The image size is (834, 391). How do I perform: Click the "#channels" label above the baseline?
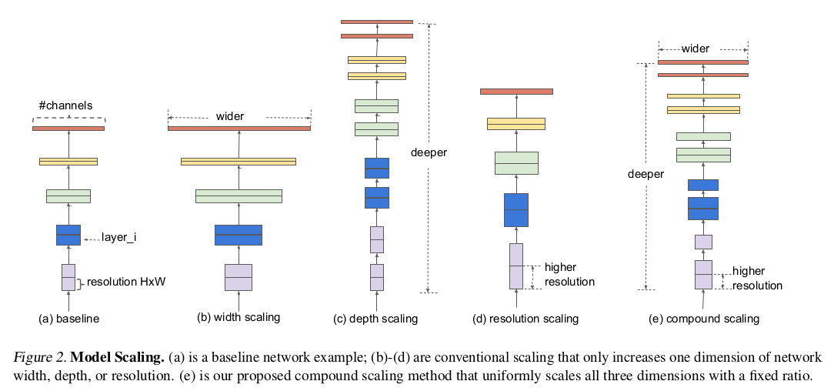pyautogui.click(x=65, y=106)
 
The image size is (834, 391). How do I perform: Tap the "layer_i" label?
pyautogui.click(x=119, y=237)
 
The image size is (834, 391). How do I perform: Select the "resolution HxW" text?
pyautogui.click(x=126, y=282)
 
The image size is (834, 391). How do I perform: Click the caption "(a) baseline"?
pyautogui.click(x=69, y=319)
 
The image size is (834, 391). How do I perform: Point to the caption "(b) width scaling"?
pyautogui.click(x=239, y=318)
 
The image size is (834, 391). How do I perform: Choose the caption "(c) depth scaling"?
pyautogui.click(x=375, y=319)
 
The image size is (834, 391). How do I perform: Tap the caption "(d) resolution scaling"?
pyautogui.click(x=525, y=319)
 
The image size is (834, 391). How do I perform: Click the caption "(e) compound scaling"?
pyautogui.click(x=704, y=319)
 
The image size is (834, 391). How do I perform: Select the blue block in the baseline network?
pyautogui.click(x=68, y=235)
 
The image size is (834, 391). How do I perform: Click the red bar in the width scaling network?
pyautogui.click(x=239, y=129)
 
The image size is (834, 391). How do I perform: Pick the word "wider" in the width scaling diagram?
pyautogui.click(x=230, y=116)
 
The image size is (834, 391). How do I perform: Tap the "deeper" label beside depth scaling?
pyautogui.click(x=429, y=152)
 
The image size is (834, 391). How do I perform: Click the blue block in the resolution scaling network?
pyautogui.click(x=516, y=210)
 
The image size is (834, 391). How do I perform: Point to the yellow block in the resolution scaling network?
pyautogui.click(x=516, y=124)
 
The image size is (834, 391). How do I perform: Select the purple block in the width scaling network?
pyautogui.click(x=239, y=277)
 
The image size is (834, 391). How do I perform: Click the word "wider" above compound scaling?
pyautogui.click(x=696, y=49)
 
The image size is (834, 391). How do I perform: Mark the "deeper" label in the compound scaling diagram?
pyautogui.click(x=646, y=175)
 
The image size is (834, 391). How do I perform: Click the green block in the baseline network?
pyautogui.click(x=68, y=196)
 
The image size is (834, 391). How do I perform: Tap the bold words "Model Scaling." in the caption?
pyautogui.click(x=117, y=356)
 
